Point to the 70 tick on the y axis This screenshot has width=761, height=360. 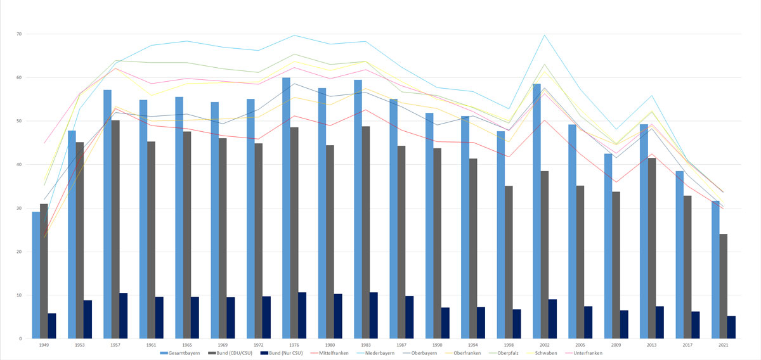(18, 34)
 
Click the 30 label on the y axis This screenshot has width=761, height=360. (18, 209)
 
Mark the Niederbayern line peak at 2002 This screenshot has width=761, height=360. (544, 35)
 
